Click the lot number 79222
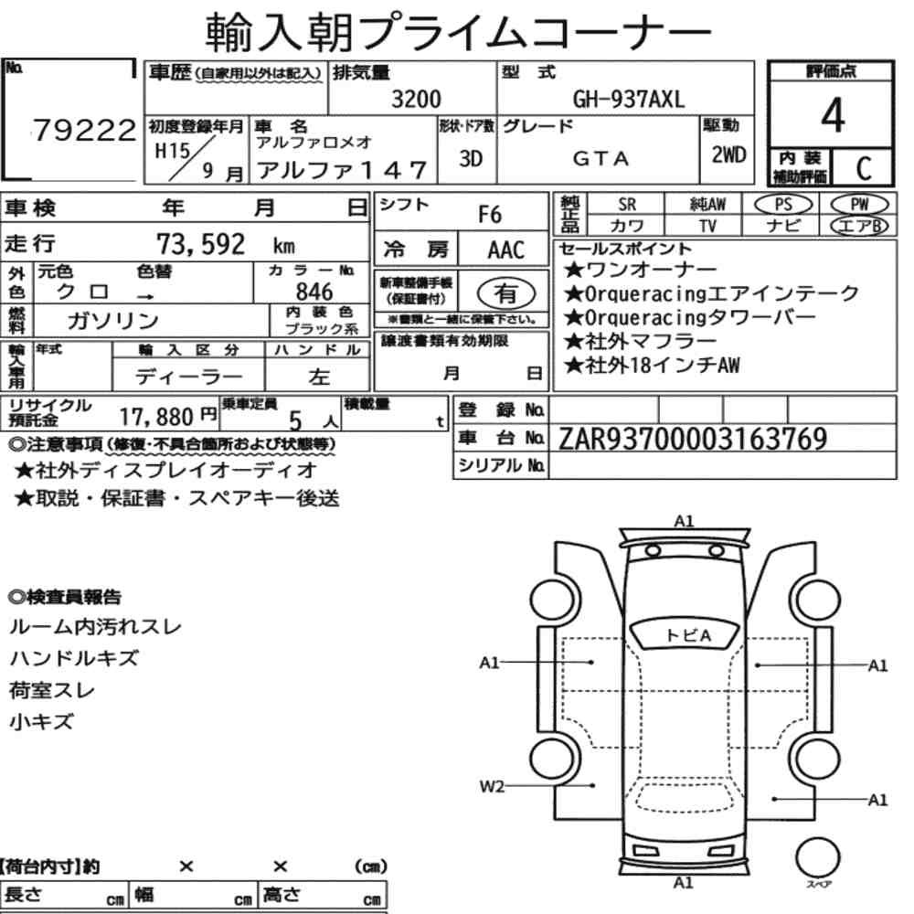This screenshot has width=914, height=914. point(84,130)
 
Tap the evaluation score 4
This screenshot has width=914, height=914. point(833,115)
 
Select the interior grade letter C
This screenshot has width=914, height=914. point(864,168)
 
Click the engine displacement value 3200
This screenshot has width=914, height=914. point(416,99)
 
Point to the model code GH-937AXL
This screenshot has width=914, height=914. point(629,100)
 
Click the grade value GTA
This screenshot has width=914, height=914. point(600,158)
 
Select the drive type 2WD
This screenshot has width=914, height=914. point(728,155)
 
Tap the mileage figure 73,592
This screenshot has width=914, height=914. point(200,244)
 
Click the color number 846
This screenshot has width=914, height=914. point(314,292)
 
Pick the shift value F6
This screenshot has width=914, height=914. point(490,215)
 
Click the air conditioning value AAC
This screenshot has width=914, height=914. point(506,250)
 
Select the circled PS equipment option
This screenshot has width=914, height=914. point(783,205)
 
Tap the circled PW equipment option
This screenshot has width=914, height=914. point(859,205)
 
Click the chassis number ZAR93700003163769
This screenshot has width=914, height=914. point(693,439)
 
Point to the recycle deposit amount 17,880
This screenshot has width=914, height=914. point(156,417)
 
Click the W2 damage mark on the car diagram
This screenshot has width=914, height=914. point(492,786)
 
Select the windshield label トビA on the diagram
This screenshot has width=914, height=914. point(688,635)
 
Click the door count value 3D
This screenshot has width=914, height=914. point(471,158)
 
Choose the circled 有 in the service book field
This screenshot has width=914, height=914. point(506,293)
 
